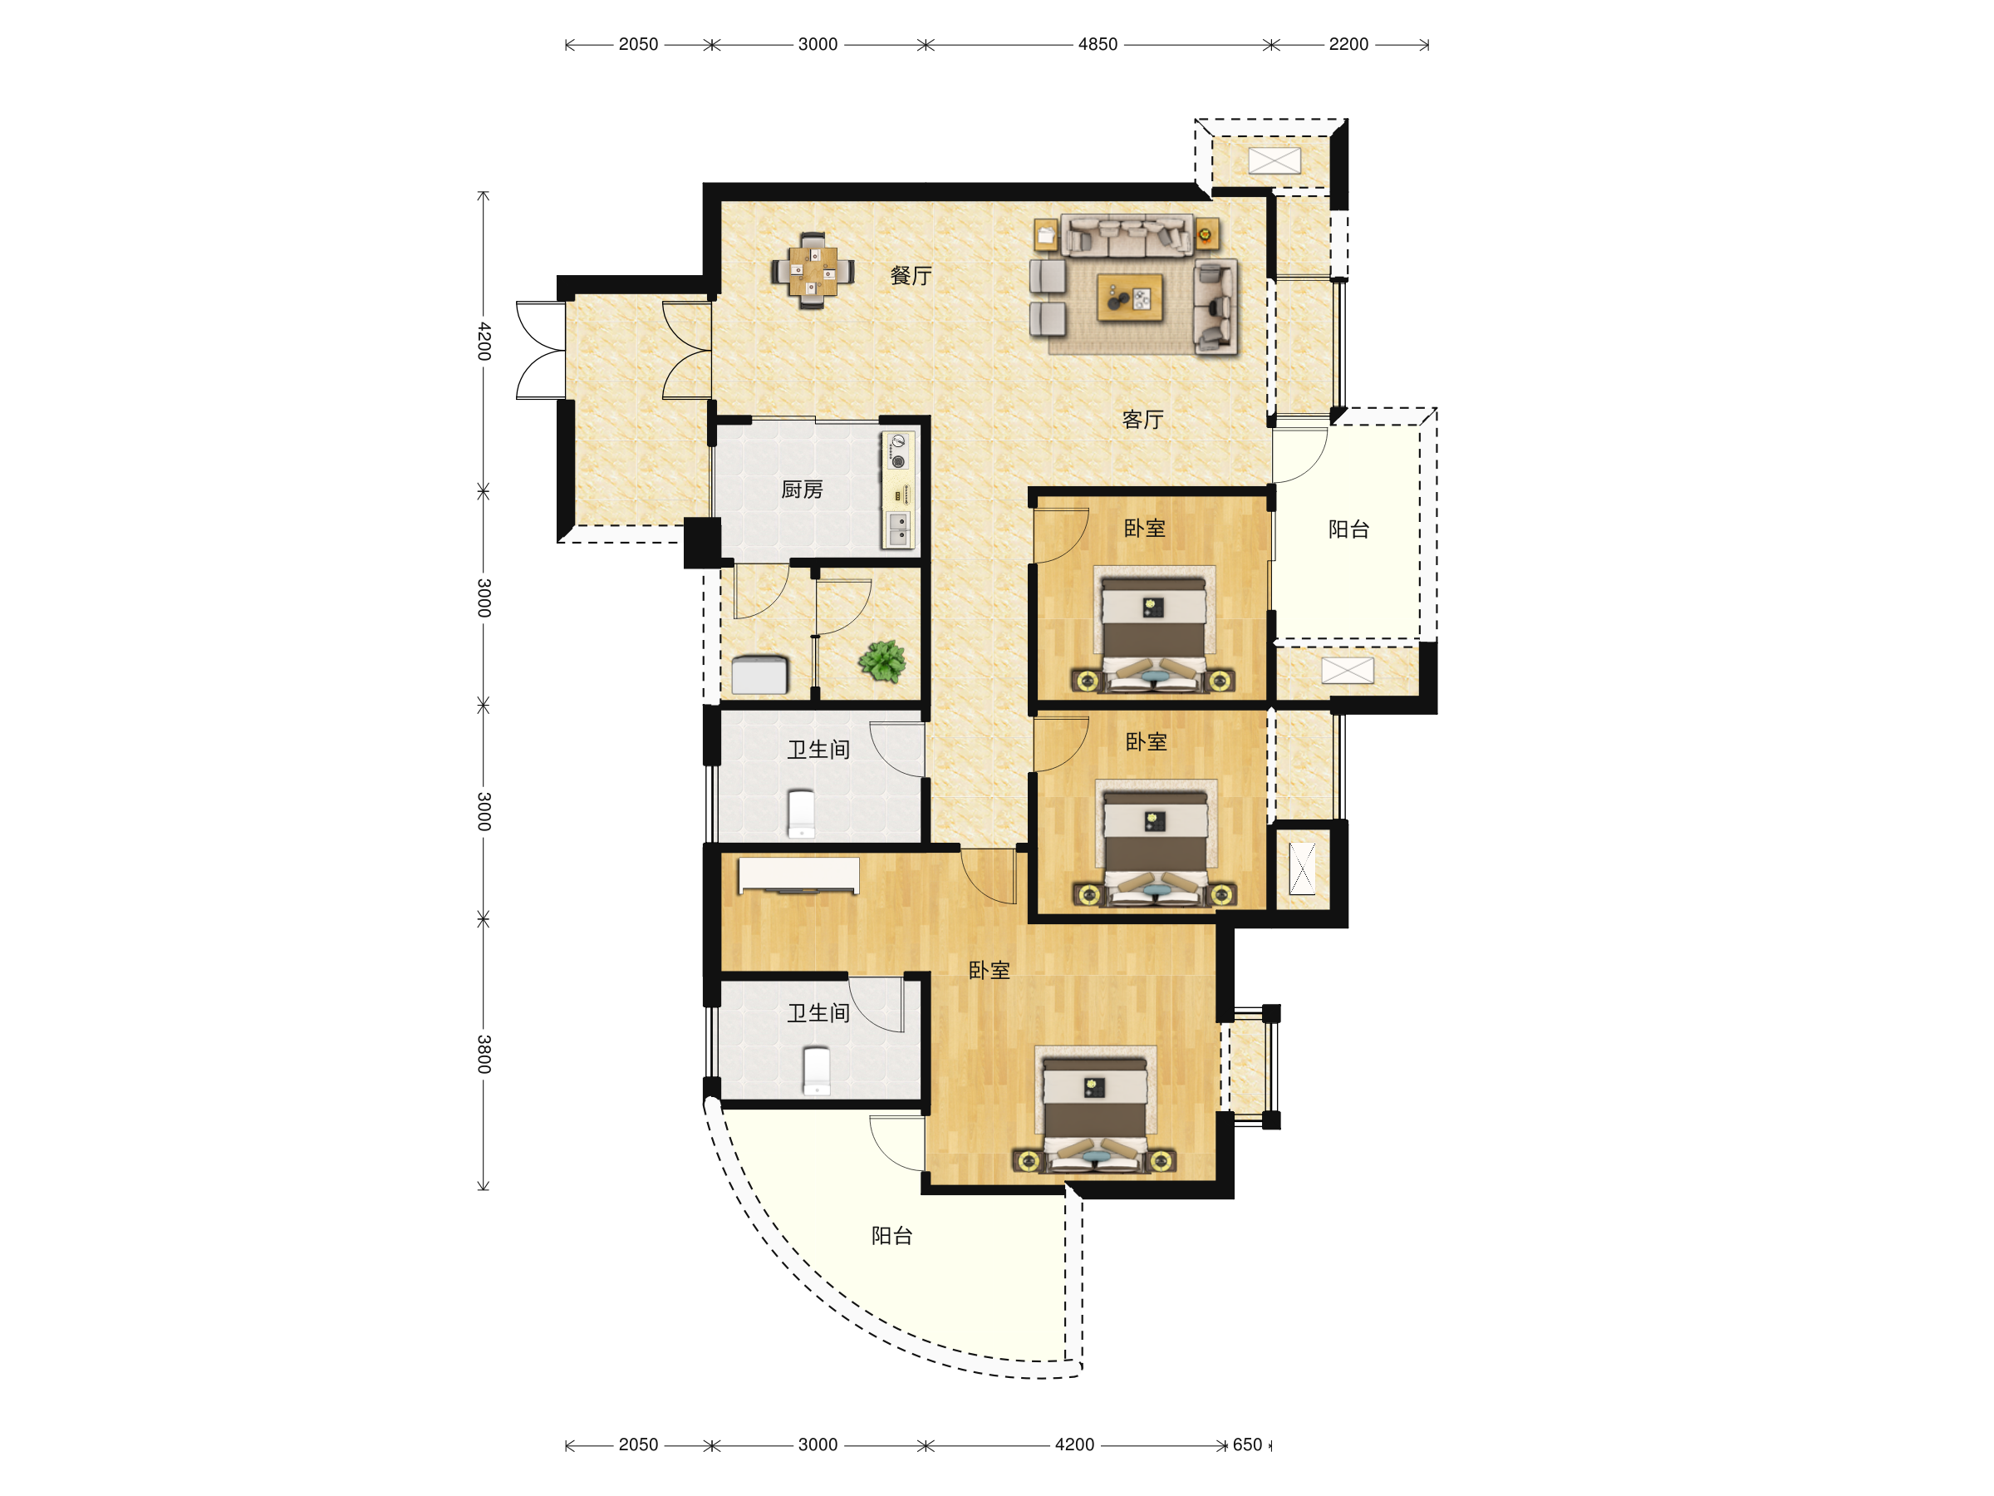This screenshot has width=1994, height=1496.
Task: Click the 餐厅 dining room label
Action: pyautogui.click(x=911, y=276)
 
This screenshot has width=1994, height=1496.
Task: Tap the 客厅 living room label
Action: pyautogui.click(x=1142, y=420)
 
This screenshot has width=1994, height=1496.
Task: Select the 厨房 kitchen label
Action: pyautogui.click(x=802, y=490)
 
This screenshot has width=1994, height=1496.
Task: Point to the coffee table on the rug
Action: pyautogui.click(x=1129, y=298)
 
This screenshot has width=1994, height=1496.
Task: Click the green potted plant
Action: pyautogui.click(x=882, y=661)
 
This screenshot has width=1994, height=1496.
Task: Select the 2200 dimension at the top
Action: pyautogui.click(x=1348, y=44)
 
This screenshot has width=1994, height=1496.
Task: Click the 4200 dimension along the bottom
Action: pyautogui.click(x=1073, y=1444)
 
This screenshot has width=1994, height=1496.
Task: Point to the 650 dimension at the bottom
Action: pyautogui.click(x=1247, y=1444)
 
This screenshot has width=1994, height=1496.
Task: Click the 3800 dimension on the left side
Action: pyautogui.click(x=484, y=1053)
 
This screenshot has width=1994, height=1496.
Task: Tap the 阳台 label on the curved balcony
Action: pyautogui.click(x=891, y=1235)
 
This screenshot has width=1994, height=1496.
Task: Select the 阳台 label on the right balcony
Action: pyautogui.click(x=1348, y=529)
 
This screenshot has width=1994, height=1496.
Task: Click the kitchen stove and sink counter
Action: pyautogui.click(x=899, y=490)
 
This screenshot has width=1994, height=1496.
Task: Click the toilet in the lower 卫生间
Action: pyautogui.click(x=816, y=1070)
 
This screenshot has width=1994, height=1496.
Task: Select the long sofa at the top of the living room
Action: pyautogui.click(x=1127, y=235)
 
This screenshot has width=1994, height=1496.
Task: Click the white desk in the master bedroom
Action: pyautogui.click(x=798, y=874)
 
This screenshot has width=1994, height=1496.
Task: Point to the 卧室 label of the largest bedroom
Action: pyautogui.click(x=989, y=970)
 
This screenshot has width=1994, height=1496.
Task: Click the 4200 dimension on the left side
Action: pyautogui.click(x=484, y=341)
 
